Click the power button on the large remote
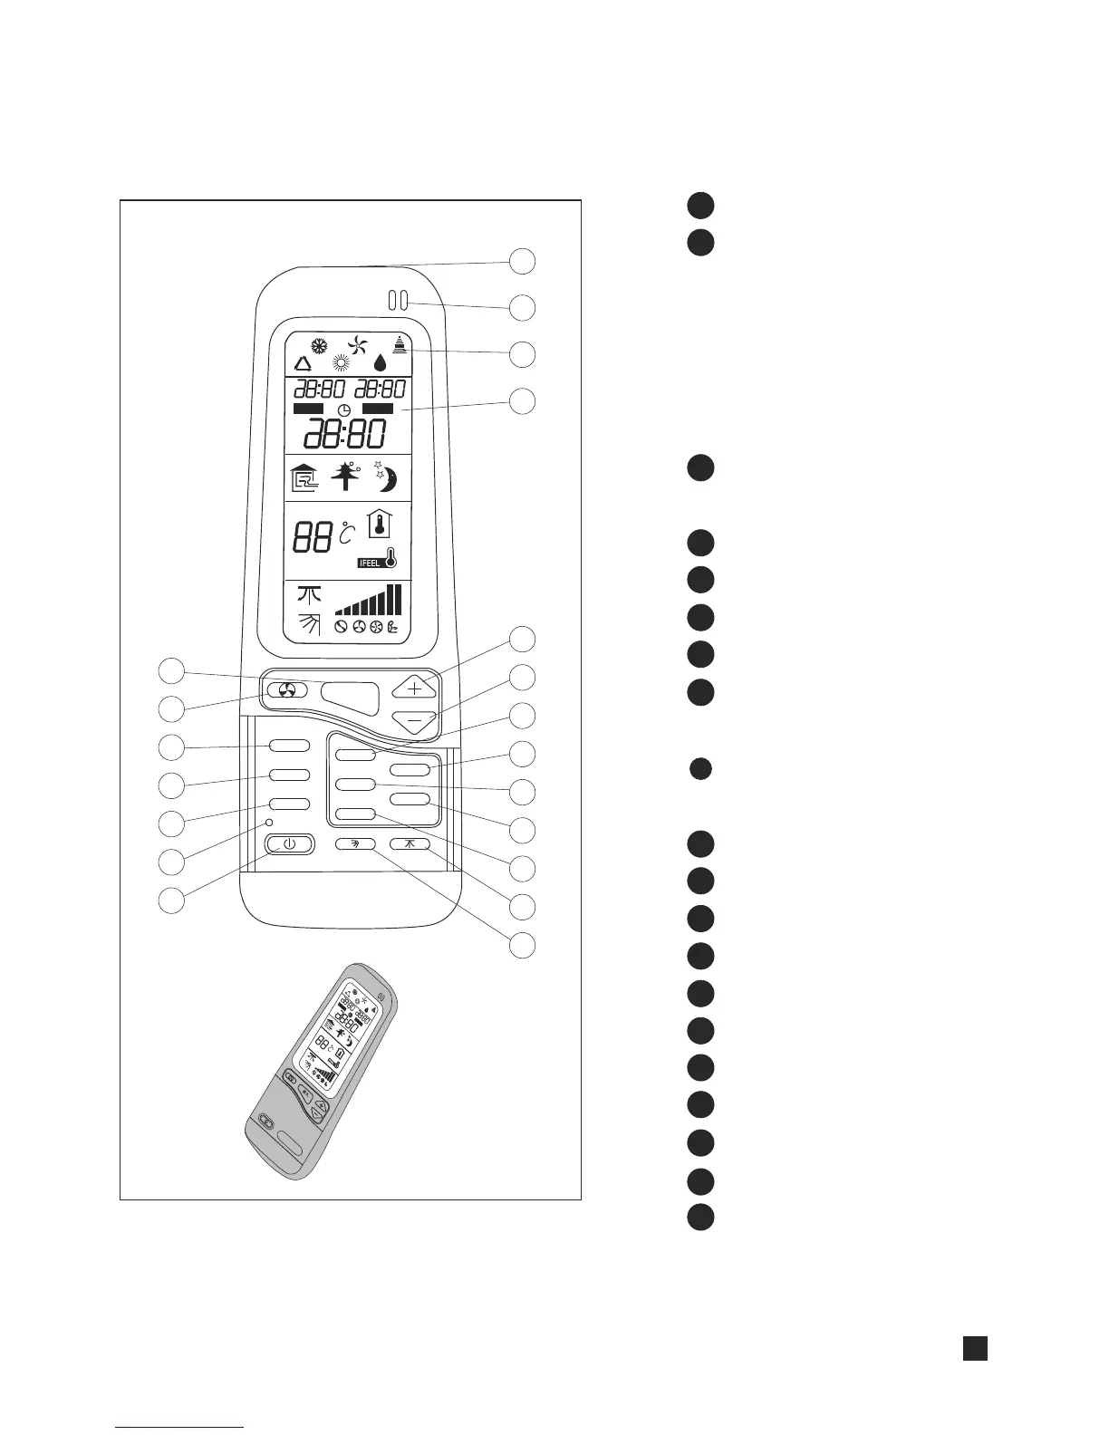coord(289,844)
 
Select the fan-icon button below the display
coord(287,690)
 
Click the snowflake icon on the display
coord(318,345)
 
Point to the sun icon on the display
coord(341,363)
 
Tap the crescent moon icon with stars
coord(386,477)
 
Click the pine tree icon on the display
coord(345,477)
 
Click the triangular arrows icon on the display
coord(303,364)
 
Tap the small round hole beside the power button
coord(269,823)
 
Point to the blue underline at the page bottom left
coord(180,1427)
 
